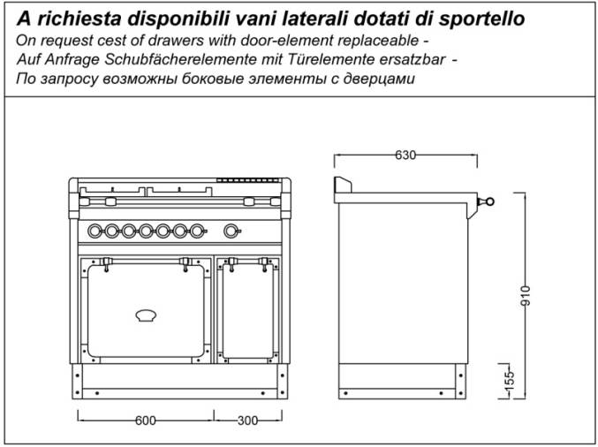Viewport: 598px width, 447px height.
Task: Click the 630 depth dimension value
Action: tap(405, 155)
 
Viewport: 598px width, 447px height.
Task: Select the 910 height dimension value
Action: tap(526, 295)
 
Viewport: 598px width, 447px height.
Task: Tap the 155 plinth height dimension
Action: tap(509, 380)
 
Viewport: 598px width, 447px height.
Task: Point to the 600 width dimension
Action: tap(146, 420)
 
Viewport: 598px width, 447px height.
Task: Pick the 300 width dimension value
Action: tap(247, 420)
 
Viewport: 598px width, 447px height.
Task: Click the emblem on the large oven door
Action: tap(146, 315)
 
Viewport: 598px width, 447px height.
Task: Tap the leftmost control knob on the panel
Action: tap(95, 231)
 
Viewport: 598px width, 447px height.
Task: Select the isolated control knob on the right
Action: tap(231, 231)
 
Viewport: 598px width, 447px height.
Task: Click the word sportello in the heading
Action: tap(481, 19)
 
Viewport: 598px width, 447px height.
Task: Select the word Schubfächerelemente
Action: tap(181, 60)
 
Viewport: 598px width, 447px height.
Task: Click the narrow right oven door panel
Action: tap(248, 311)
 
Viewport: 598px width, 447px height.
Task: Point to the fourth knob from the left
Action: tap(146, 231)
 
